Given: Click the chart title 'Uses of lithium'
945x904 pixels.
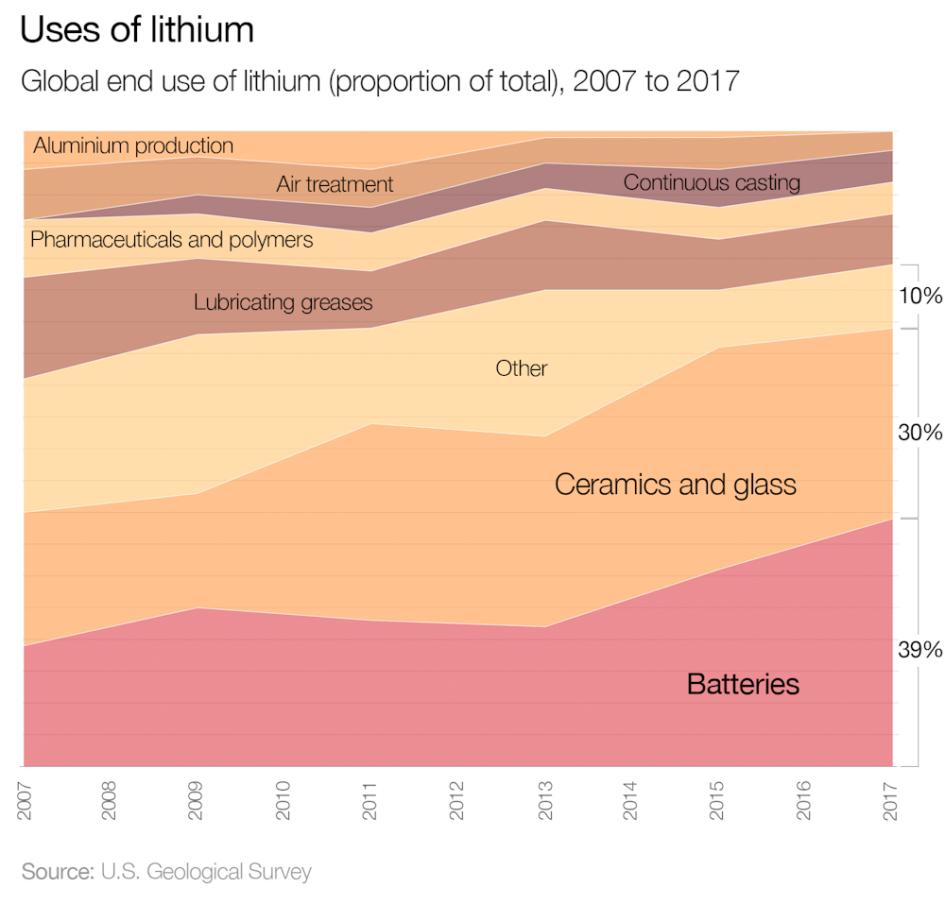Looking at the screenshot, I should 137,30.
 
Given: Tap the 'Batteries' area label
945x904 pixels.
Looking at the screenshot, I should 743,684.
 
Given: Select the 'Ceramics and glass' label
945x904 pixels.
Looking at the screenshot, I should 676,485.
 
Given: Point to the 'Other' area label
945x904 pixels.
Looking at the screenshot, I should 522,368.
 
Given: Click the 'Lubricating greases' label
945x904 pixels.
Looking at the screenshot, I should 283,303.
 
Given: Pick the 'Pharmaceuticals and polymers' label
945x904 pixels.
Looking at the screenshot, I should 171,240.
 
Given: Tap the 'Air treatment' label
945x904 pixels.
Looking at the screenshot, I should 335,184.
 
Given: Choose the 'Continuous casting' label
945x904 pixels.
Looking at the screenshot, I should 712,182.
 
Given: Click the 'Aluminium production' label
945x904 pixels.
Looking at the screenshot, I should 133,145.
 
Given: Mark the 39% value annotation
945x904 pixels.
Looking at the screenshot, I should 919,650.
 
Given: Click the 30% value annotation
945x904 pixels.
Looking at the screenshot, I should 919,433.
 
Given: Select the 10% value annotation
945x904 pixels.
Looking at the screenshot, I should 919,296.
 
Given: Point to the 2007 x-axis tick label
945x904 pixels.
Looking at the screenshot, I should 24,799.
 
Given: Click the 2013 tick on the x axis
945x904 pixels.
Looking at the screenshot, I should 545,799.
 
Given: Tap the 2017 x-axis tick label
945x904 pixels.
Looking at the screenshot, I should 893,799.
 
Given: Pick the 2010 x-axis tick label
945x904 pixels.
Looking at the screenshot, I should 284,799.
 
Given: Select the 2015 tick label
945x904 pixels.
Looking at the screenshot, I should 719,799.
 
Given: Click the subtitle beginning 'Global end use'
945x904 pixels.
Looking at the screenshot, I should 379,81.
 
